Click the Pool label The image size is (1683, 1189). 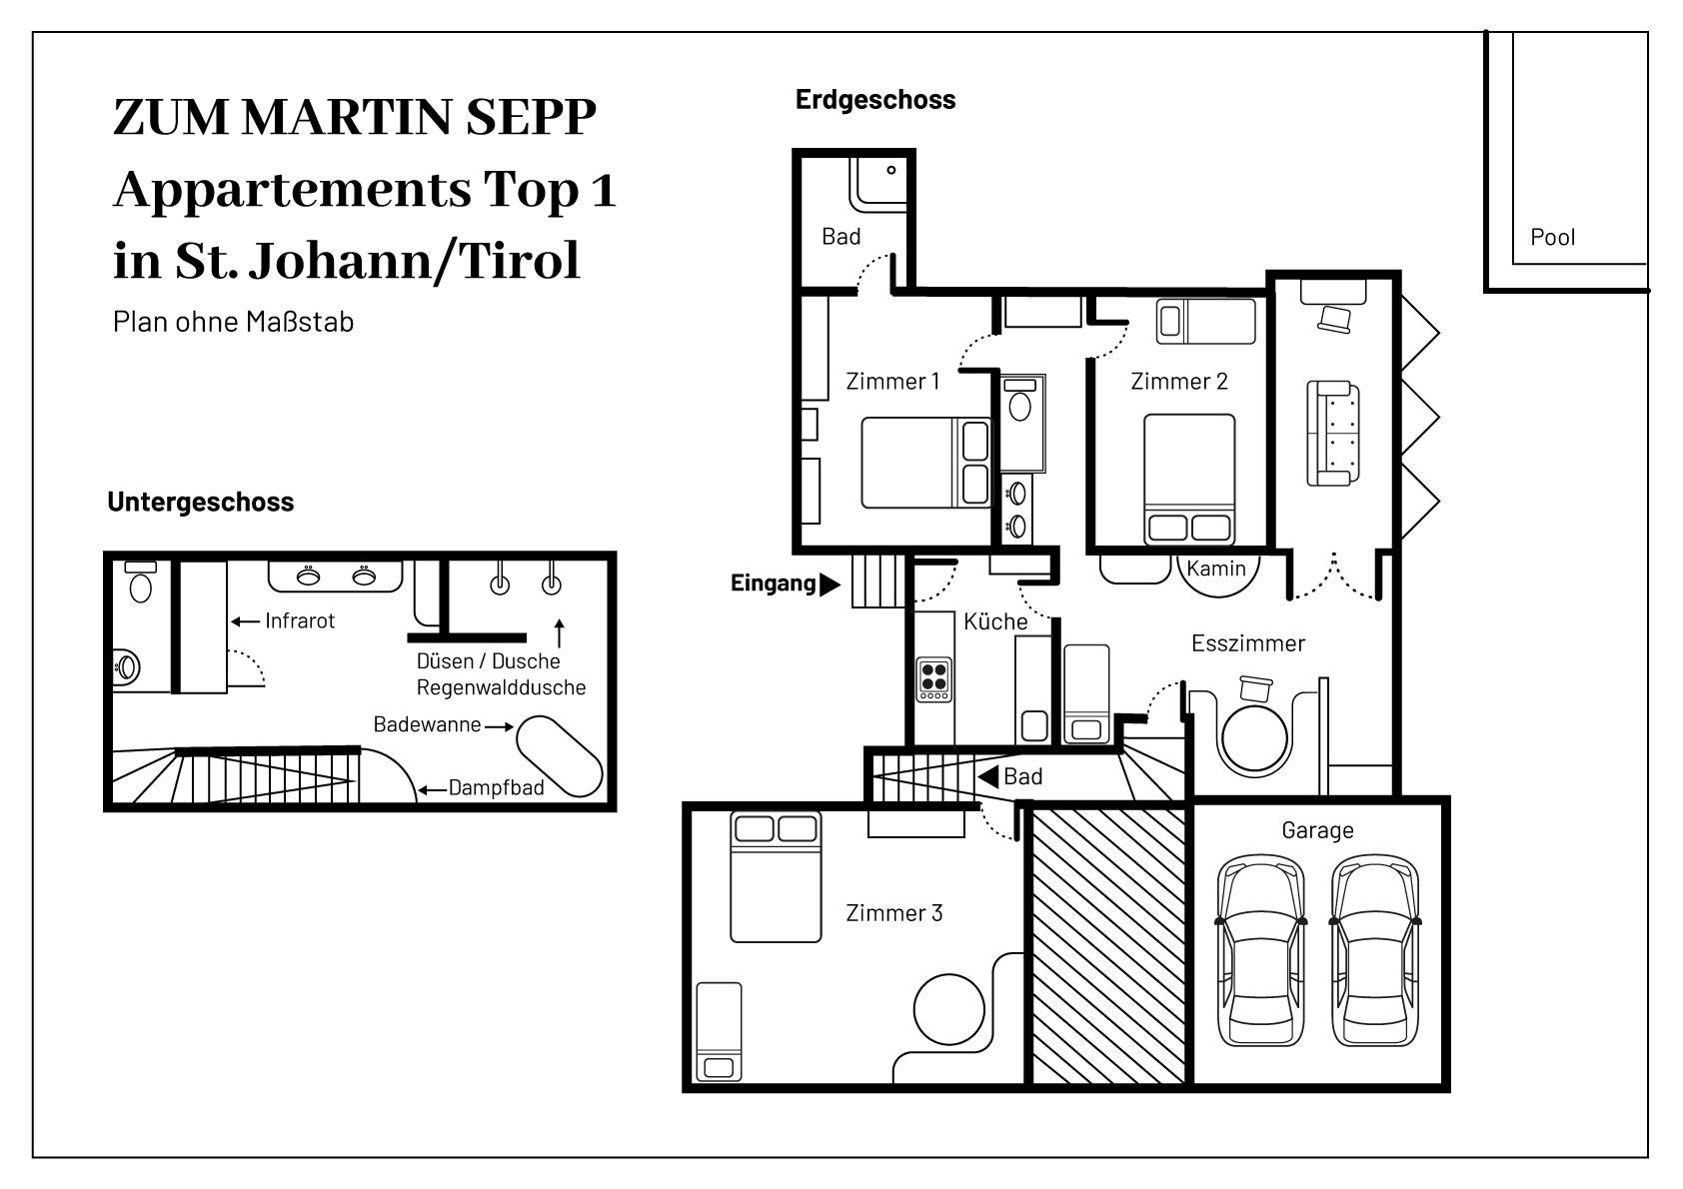pos(1552,238)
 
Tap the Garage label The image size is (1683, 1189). pos(1317,830)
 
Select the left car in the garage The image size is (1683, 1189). pos(1260,951)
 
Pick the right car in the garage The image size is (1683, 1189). pos(1374,951)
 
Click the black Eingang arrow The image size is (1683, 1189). pos(830,585)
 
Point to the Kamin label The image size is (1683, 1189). pos(1216,569)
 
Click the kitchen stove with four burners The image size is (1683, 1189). pos(933,679)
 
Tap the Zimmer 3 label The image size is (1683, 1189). pos(894,912)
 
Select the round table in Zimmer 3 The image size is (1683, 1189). pos(949,1009)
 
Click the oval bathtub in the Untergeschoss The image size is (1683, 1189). pos(559,756)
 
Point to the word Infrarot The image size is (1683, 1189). pos(300,620)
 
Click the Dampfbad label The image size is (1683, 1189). pos(496,788)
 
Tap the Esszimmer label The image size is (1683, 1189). pos(1248,642)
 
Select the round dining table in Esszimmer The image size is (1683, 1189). pos(1254,738)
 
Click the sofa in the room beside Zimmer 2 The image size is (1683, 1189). pos(1333,433)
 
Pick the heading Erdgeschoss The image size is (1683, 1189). pos(875,99)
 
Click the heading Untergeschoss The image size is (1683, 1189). pos(201,502)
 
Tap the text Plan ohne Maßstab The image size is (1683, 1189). pos(233,322)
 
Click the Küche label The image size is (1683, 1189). pos(995,621)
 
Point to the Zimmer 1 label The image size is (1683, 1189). pos(892,382)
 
